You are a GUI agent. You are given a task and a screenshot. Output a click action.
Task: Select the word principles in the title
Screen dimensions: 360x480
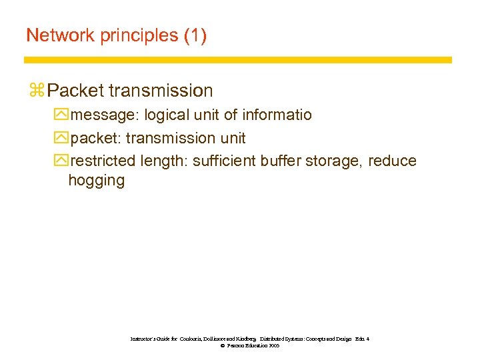(x=139, y=36)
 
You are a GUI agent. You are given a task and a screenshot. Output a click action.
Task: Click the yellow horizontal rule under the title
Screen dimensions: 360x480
(x=238, y=59)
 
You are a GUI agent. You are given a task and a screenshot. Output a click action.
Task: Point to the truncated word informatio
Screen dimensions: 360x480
(x=277, y=115)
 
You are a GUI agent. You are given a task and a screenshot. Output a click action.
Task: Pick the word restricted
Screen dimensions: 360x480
(x=102, y=161)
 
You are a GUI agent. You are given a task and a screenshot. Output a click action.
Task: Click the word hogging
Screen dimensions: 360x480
(x=97, y=181)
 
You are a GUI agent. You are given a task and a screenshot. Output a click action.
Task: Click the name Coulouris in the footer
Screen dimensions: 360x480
(x=196, y=339)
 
